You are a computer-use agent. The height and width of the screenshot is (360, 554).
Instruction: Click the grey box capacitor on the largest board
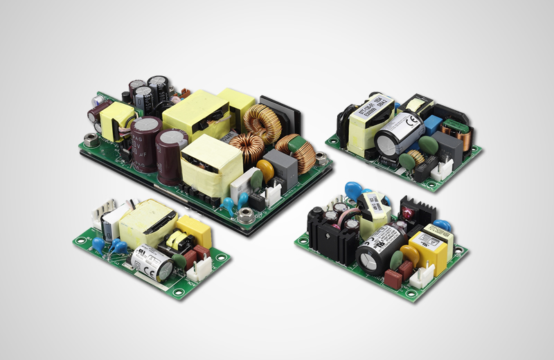pos(280,167)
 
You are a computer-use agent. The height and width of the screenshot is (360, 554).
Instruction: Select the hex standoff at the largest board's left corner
pos(89,141)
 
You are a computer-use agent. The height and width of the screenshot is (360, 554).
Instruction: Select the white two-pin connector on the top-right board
pos(442,168)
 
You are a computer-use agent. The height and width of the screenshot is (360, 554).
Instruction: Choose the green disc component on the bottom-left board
pos(179,260)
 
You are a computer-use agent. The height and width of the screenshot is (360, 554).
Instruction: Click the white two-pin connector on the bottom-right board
pos(422,276)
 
